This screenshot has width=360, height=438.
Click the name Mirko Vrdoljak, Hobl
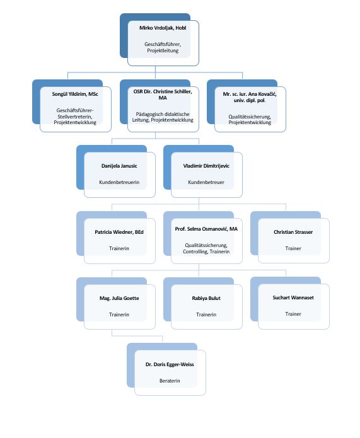click(163, 28)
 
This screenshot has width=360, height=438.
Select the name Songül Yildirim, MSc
click(75, 94)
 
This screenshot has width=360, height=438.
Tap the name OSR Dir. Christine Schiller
click(163, 91)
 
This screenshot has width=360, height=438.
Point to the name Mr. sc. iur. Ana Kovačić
click(250, 94)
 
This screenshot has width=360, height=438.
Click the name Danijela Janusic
click(119, 166)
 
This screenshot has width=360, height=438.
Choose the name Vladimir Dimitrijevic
click(206, 166)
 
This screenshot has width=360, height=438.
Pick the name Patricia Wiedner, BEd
click(119, 232)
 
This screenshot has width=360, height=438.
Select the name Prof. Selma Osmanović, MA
click(206, 229)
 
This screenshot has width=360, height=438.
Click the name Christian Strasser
click(293, 232)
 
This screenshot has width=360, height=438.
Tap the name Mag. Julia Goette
click(119, 298)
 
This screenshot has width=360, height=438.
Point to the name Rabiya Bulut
click(206, 298)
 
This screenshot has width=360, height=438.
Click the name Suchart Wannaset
click(293, 297)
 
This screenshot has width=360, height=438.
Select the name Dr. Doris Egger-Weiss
click(170, 364)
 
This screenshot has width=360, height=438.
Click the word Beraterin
click(170, 381)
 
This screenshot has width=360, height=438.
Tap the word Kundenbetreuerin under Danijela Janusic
click(119, 182)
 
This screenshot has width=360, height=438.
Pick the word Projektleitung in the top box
click(163, 51)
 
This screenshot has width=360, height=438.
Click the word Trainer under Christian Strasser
click(293, 248)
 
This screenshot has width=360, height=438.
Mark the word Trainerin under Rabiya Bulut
click(206, 314)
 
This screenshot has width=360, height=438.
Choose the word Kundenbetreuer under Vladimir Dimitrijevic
click(206, 182)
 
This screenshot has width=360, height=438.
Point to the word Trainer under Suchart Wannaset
click(293, 314)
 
